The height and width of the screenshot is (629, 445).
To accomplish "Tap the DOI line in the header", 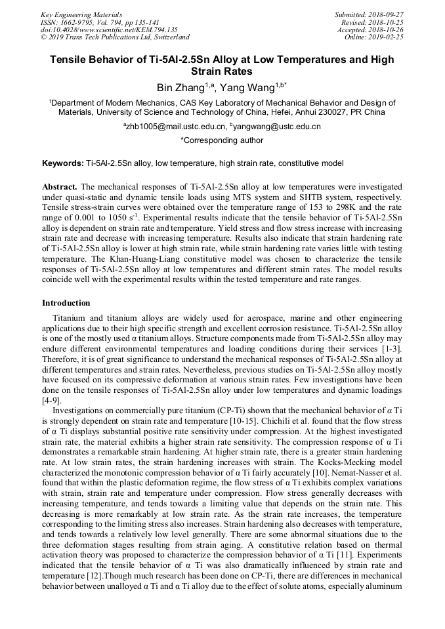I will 109,30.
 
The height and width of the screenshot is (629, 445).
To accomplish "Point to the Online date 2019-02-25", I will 387,37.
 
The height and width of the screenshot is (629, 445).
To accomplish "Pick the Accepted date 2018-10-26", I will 387,30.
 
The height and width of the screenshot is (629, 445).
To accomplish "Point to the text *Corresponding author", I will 222,140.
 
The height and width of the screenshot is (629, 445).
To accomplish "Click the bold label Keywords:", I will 63,162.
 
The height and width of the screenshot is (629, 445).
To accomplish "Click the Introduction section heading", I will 66,303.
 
